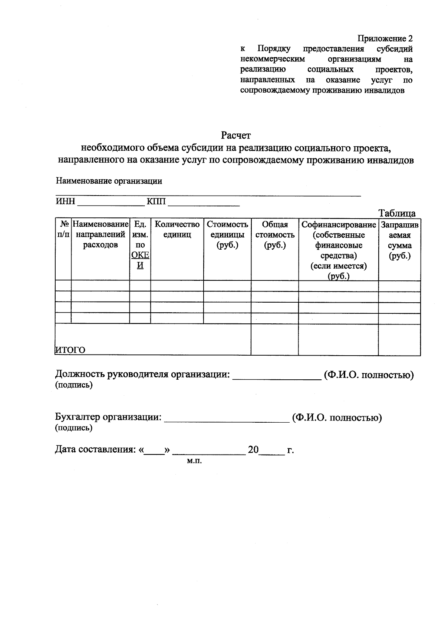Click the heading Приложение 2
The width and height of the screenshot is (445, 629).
(385, 39)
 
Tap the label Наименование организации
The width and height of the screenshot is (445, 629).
(109, 181)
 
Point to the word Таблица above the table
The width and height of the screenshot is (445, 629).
(397, 213)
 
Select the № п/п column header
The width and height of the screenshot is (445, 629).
(63, 229)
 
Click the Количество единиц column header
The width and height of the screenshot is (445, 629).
(177, 229)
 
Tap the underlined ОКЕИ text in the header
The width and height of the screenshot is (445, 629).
(140, 260)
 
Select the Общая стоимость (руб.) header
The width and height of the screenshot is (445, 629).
(275, 234)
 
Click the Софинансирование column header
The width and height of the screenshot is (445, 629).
(338, 224)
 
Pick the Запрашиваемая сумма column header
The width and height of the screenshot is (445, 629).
(399, 240)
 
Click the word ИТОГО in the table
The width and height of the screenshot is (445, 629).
(70, 350)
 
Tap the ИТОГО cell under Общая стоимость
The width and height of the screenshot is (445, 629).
(274, 339)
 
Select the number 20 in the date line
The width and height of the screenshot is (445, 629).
(253, 450)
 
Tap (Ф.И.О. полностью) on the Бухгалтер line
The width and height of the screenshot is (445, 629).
(337, 418)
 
